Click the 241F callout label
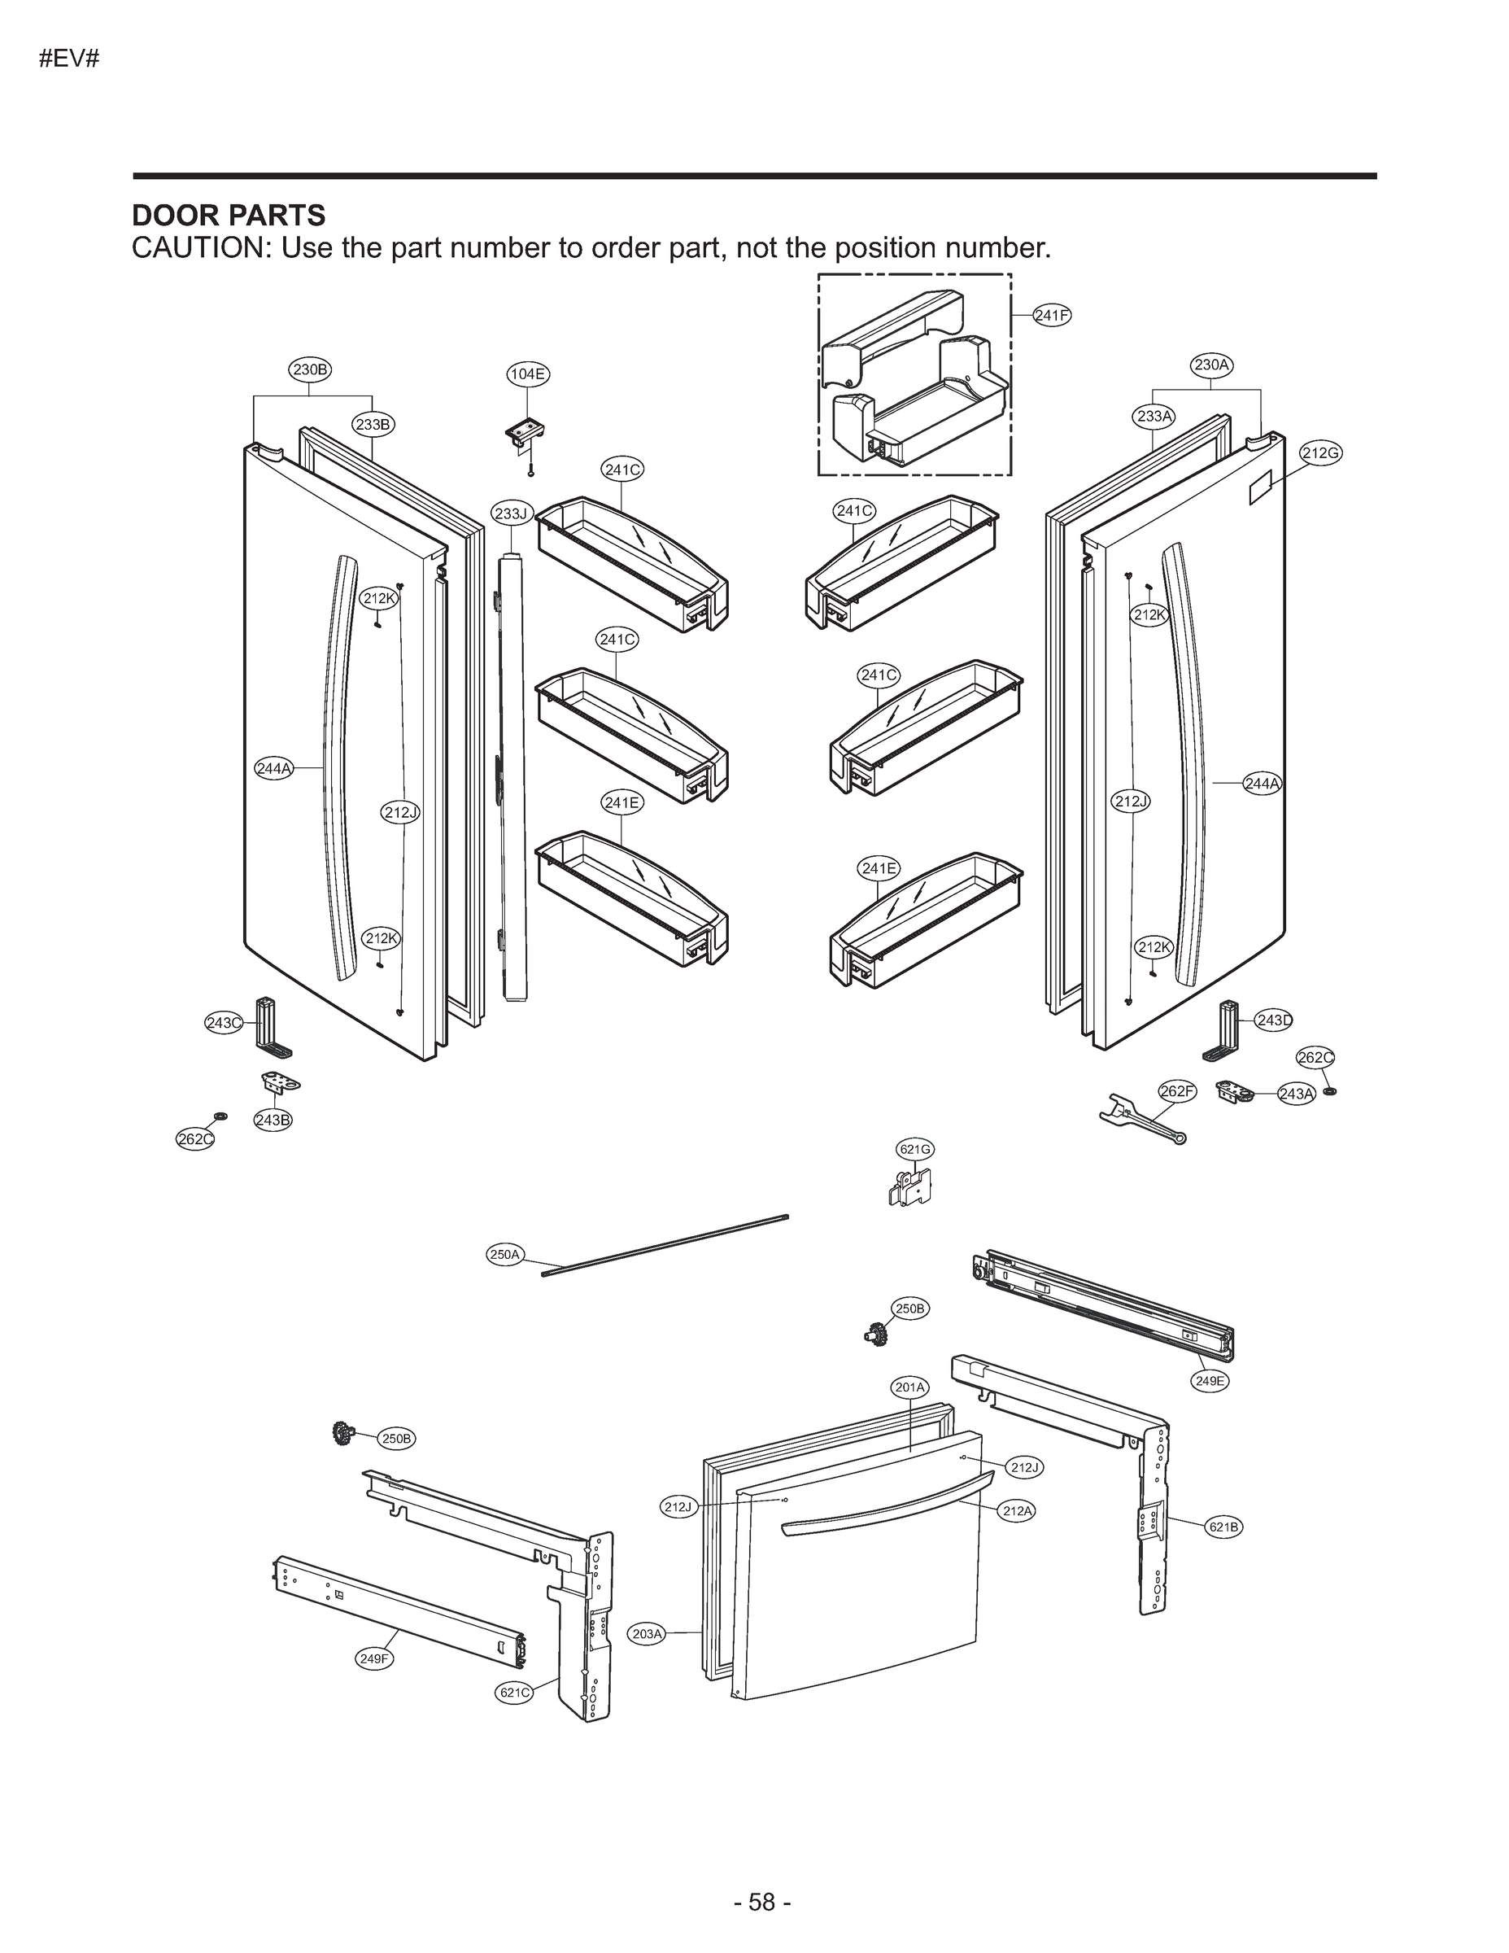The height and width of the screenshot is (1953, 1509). click(1051, 315)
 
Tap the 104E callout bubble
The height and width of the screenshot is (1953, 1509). click(527, 374)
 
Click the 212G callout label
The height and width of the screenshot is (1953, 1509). click(1319, 453)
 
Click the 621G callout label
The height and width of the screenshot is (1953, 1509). click(914, 1149)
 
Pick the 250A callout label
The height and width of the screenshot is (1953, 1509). click(504, 1255)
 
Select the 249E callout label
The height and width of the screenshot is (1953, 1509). click(1210, 1381)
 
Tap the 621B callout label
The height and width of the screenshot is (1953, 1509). click(1223, 1527)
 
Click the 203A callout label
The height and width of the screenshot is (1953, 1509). click(648, 1635)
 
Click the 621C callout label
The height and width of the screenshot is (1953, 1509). click(515, 1693)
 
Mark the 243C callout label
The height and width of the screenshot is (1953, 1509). click(224, 1023)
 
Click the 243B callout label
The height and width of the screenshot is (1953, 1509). click(273, 1120)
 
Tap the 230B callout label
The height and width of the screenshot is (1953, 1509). click(310, 369)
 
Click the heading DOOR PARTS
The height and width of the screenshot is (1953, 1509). click(229, 216)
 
